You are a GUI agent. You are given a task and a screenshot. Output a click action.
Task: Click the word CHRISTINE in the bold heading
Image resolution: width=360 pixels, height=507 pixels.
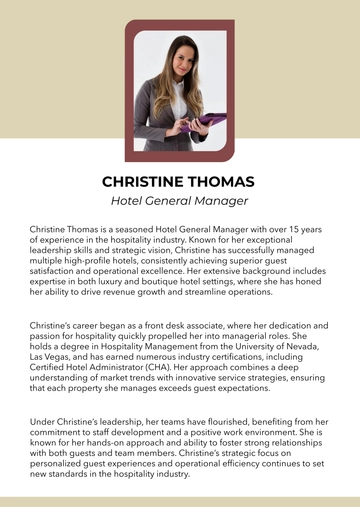146,182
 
